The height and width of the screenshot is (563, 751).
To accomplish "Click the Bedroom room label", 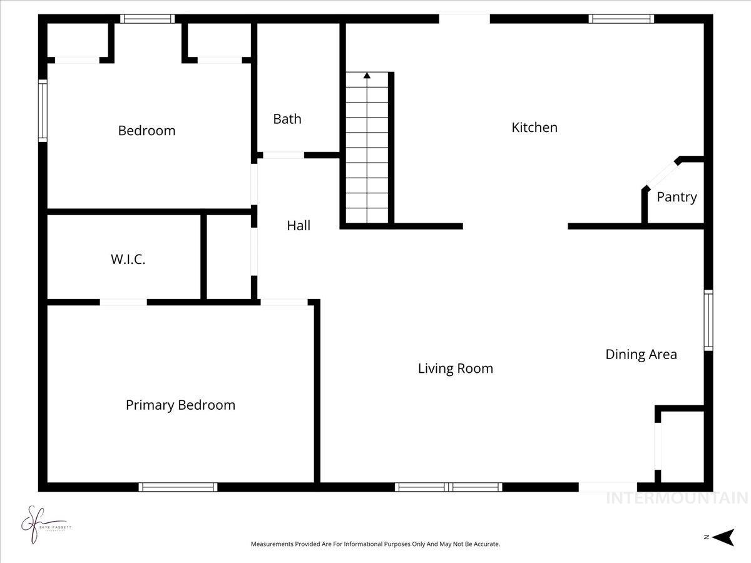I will click(146, 131).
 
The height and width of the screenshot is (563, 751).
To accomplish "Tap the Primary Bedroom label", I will click(180, 405).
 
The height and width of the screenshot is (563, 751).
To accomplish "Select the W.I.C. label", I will click(128, 260).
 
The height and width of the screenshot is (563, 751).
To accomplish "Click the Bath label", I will click(287, 119).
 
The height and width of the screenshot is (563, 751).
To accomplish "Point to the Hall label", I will click(299, 226).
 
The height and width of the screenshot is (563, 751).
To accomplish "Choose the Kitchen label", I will click(534, 128).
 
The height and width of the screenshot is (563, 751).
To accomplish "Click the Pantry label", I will click(677, 197).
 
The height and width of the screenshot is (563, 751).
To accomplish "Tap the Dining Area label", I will click(641, 354).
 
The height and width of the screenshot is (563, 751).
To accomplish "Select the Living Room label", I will click(456, 368).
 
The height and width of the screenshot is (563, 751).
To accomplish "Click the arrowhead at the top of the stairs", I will click(367, 76).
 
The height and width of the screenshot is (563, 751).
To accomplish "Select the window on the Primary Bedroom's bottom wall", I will click(178, 487).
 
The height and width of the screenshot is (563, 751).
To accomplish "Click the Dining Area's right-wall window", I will click(708, 320).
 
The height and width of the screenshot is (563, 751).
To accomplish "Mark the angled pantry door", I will click(662, 173).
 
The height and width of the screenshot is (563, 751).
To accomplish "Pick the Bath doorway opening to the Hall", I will click(283, 155).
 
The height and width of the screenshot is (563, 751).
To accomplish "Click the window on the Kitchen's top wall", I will click(621, 19).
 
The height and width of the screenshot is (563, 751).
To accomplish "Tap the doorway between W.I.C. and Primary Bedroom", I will click(123, 302).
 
